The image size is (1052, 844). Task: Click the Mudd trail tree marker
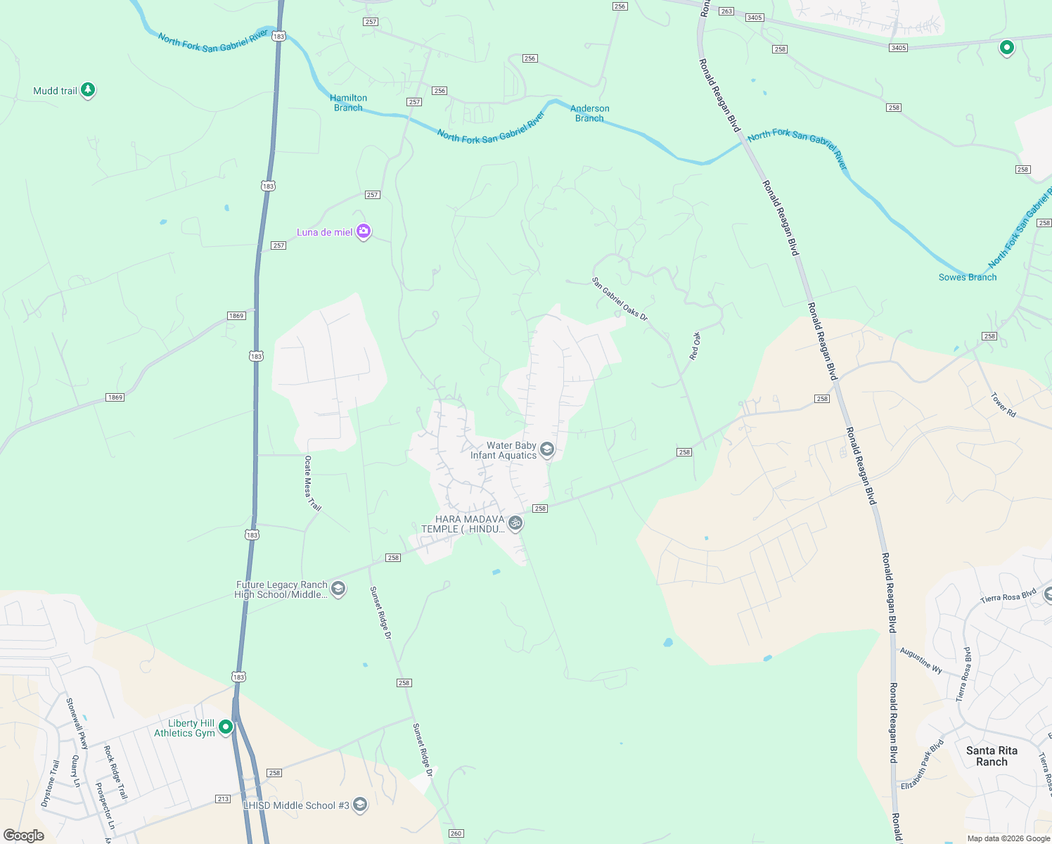pos(88,89)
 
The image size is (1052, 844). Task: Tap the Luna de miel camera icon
pos(364,231)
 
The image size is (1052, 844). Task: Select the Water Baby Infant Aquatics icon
pos(547,449)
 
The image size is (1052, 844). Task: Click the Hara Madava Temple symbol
pos(515,523)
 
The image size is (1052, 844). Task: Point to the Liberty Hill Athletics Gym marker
pos(226,727)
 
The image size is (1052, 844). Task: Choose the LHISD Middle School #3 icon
pos(360,805)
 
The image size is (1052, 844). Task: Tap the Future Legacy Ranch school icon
pos(338,588)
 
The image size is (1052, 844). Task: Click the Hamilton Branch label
pos(348,103)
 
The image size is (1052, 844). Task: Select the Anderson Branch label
pos(589,113)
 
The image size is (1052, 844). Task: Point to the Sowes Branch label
pos(967,277)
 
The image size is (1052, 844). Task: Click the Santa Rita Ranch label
pos(992,756)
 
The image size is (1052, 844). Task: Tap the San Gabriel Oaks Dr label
pos(620,299)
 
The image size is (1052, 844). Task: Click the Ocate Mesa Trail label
pos(312,483)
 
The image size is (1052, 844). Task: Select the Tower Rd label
pos(1003,405)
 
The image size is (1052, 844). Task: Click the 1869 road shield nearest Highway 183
pos(236,316)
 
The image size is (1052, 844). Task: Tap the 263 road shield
pos(726,11)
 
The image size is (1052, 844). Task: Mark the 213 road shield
pos(223,799)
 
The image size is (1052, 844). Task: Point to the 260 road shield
pos(456,833)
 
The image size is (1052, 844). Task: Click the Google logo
pos(24,835)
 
